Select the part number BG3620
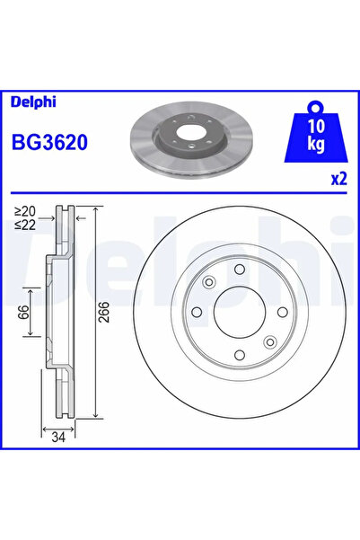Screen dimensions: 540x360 pyautogui.click(x=48, y=141)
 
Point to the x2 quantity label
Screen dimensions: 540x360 pyautogui.click(x=338, y=178)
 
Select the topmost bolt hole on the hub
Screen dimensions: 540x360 pyautogui.click(x=238, y=271)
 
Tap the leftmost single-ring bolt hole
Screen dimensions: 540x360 pyautogui.click(x=195, y=314)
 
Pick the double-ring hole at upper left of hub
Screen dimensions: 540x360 pyautogui.click(x=209, y=283)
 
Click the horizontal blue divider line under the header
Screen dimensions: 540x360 pyautogui.click(x=180, y=190)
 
